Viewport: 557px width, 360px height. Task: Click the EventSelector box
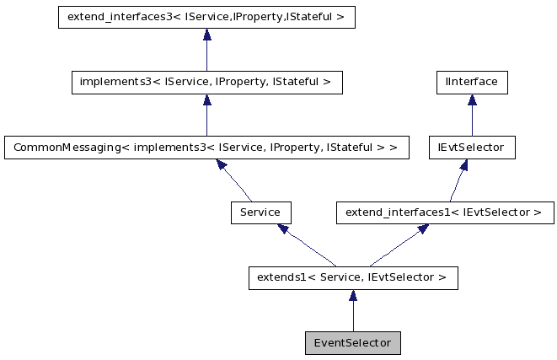coord(353,343)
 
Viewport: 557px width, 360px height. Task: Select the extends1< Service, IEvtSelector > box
coord(353,277)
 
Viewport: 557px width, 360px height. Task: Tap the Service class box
coord(260,212)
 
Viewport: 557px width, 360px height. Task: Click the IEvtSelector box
coord(471,148)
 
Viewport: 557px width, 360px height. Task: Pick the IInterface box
coord(471,83)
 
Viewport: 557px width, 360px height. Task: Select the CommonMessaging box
coord(206,148)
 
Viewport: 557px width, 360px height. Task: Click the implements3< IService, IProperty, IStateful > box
coord(206,83)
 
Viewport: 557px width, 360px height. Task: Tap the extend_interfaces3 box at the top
coord(206,18)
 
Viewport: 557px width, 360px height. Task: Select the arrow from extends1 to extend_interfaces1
coord(393,245)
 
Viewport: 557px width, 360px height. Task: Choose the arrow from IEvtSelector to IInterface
coord(471,116)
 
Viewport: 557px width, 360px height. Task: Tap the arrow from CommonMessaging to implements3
coord(206,116)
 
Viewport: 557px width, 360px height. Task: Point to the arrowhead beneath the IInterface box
coord(471,100)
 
